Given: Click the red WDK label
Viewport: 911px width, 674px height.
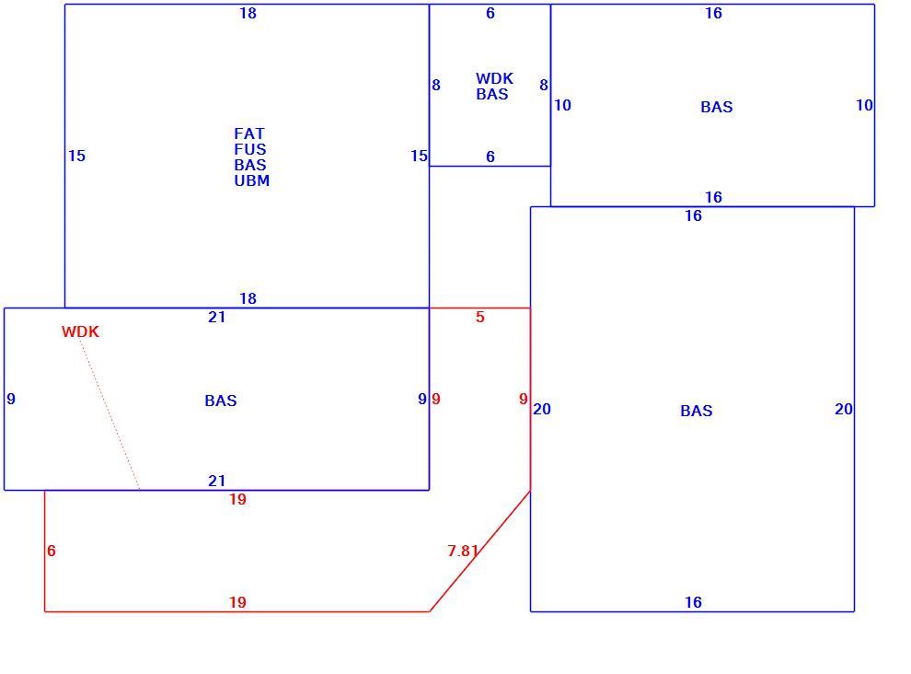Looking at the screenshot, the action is [x=80, y=331].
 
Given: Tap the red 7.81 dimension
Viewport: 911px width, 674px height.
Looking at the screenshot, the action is [x=463, y=550].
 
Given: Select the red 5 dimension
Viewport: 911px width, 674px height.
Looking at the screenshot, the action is [x=480, y=317].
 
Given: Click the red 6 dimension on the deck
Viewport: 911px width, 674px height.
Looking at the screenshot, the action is [x=52, y=551].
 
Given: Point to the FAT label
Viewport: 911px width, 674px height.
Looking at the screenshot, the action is [x=249, y=134].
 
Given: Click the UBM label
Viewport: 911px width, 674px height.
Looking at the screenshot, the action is [x=251, y=180].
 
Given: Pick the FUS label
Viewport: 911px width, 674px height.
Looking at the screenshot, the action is [x=250, y=149].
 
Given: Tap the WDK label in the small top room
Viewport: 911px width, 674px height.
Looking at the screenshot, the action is [x=494, y=78].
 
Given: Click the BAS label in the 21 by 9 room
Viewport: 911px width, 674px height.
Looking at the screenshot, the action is [x=221, y=401].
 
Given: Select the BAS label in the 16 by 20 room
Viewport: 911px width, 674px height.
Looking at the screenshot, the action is [x=696, y=412].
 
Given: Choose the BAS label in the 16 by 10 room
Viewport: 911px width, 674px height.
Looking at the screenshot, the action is [x=716, y=107].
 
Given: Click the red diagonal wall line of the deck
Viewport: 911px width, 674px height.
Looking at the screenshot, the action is [x=480, y=552].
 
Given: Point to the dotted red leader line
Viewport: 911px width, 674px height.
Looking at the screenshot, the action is [x=110, y=415].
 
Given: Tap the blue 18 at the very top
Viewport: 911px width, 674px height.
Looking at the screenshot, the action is [x=248, y=14].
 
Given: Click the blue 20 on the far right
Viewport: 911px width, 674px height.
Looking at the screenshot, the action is [x=844, y=410].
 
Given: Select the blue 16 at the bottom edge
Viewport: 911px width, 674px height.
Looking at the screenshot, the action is [x=693, y=602].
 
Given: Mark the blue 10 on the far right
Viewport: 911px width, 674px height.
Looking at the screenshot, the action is [x=864, y=105].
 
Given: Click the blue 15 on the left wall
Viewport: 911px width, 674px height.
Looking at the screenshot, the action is [x=76, y=156].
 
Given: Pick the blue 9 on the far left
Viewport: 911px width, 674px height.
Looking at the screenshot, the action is [x=11, y=399].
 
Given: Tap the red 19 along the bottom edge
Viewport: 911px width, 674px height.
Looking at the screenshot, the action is [x=237, y=602].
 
